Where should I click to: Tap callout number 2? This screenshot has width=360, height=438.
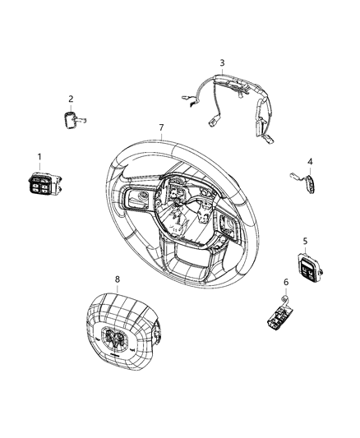(x=71, y=99)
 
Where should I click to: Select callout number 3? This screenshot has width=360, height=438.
(x=221, y=62)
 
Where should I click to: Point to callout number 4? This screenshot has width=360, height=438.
(x=310, y=161)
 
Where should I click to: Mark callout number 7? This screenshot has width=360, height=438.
(x=161, y=127)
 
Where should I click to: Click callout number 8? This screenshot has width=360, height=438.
(x=117, y=279)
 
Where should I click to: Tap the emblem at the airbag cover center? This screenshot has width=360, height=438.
(x=116, y=339)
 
